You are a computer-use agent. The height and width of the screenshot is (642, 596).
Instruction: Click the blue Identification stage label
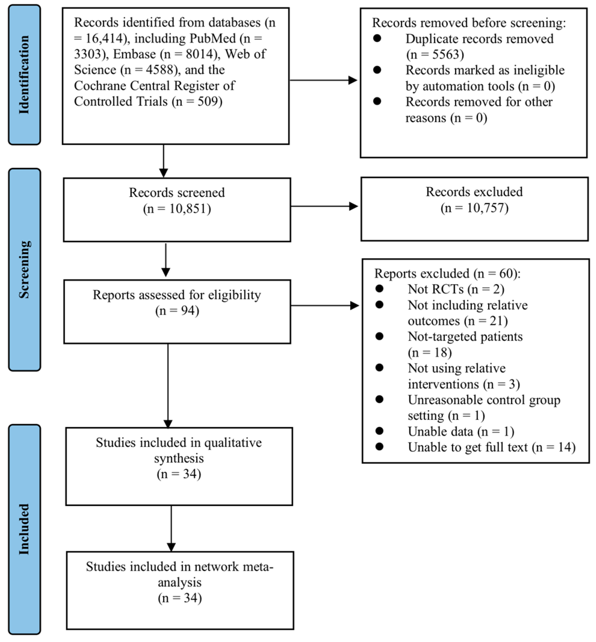(x=24, y=75)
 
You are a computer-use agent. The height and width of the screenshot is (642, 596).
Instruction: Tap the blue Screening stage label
(x=24, y=269)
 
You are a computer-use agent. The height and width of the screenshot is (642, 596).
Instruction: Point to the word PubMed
(x=213, y=38)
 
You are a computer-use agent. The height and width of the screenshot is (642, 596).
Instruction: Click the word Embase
(x=134, y=54)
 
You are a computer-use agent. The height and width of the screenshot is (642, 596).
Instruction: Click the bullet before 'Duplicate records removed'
(x=377, y=38)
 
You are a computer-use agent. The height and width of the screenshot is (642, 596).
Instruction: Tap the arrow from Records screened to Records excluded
(x=324, y=206)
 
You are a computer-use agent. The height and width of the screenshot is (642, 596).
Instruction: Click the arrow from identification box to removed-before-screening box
(x=324, y=80)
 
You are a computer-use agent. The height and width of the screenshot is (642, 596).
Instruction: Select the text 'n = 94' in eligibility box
(x=177, y=311)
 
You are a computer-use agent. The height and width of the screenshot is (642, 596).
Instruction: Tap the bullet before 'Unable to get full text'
(x=379, y=447)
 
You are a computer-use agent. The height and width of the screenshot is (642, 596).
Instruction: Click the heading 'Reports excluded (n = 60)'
(x=447, y=273)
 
